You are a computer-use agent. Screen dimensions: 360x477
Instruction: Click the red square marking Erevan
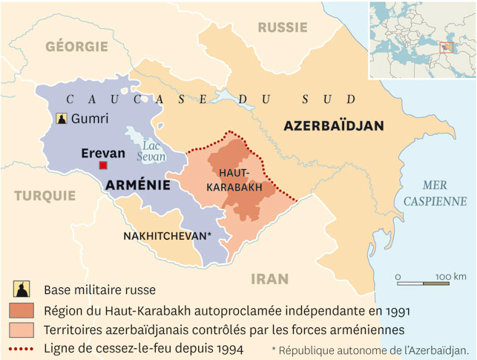[104, 165]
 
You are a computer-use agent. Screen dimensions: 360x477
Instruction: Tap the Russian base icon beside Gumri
[61, 119]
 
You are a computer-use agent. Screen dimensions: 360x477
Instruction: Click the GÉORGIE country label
[76, 46]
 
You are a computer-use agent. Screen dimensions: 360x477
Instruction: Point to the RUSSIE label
[282, 27]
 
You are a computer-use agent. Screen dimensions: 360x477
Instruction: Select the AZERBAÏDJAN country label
[333, 126]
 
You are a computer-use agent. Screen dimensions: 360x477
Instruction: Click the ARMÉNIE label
[138, 186]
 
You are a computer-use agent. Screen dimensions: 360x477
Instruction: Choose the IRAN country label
[269, 279]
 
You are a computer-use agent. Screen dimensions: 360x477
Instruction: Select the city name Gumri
[90, 119]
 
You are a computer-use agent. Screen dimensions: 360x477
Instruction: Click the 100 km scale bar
[422, 284]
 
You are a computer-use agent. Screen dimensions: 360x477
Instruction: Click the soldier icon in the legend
[22, 289]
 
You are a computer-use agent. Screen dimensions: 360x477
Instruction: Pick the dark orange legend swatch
[22, 310]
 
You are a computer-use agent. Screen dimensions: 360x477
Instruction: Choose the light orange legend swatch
[22, 329]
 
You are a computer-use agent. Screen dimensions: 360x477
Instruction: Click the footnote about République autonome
[370, 349]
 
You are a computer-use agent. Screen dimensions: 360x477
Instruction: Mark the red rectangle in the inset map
[446, 48]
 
